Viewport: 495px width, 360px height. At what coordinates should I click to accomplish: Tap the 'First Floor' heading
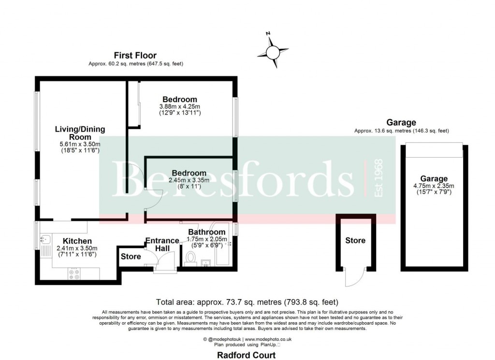click(135, 56)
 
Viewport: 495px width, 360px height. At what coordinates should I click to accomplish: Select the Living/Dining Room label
click(80, 133)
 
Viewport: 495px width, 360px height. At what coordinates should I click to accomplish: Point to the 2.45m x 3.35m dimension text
click(189, 180)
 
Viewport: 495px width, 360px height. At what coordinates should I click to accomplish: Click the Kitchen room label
click(77, 241)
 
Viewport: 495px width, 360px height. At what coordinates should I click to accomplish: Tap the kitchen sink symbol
click(45, 239)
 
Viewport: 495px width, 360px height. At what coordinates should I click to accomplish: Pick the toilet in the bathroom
click(189, 259)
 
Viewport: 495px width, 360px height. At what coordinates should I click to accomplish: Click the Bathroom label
click(206, 232)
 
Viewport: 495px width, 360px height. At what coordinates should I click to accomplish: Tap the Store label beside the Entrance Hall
click(131, 256)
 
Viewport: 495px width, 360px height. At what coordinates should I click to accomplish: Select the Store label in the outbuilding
click(355, 240)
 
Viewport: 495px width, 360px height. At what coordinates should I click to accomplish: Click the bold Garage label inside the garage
click(434, 179)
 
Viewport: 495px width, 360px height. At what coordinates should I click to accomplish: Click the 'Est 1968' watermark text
click(379, 178)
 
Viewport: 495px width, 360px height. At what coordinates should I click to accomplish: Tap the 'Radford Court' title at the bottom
click(246, 355)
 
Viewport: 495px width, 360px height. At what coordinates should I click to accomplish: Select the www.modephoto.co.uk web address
click(271, 340)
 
